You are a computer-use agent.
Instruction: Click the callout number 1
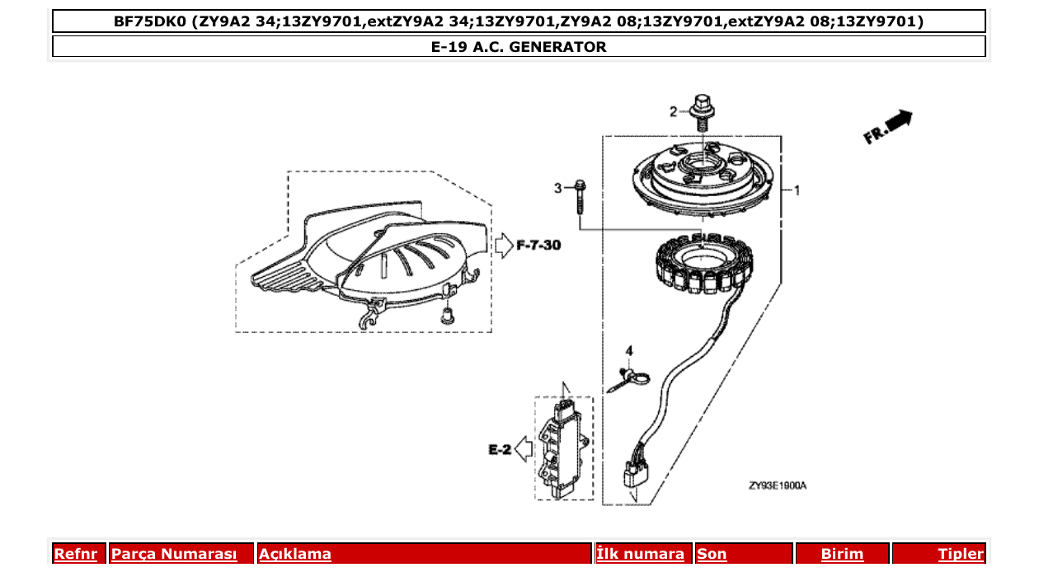point(797,190)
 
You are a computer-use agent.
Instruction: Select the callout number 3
point(557,189)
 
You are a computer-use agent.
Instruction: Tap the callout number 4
point(628,352)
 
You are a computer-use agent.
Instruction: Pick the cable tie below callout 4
point(631,379)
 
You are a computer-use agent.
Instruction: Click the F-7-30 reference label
point(538,246)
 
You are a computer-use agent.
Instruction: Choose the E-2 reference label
point(500,450)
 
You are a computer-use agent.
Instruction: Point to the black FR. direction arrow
point(898,121)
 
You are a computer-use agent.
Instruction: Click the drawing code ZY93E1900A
point(777,485)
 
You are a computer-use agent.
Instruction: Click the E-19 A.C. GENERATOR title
point(519,47)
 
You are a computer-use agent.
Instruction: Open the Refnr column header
point(75,554)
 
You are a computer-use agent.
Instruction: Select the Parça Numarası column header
point(173,554)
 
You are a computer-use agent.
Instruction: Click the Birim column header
point(842,554)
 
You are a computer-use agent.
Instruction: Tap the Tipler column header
point(960,554)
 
